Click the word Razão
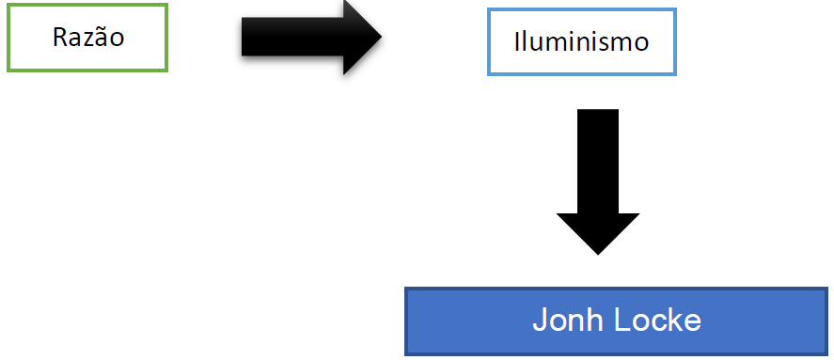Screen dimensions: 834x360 coord(88,38)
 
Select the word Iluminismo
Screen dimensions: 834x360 coord(581,41)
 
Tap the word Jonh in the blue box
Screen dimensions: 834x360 coord(568,321)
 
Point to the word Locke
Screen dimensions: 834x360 coord(658,321)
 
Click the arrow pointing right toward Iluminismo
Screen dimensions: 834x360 coord(311,37)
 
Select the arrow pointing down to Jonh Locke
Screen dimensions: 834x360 coord(598,181)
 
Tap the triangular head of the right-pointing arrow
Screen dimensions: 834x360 coord(363,37)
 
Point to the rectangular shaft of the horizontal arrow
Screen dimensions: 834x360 coord(292,37)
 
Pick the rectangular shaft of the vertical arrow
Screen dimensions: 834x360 coord(598,161)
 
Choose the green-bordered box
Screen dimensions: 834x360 coord(87,6)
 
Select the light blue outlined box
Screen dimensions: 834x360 coord(582,10)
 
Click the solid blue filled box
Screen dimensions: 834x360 coord(616,321)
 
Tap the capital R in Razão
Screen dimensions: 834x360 coord(59,38)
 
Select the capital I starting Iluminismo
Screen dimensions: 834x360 coord(516,41)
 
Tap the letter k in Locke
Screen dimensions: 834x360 coord(674,321)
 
